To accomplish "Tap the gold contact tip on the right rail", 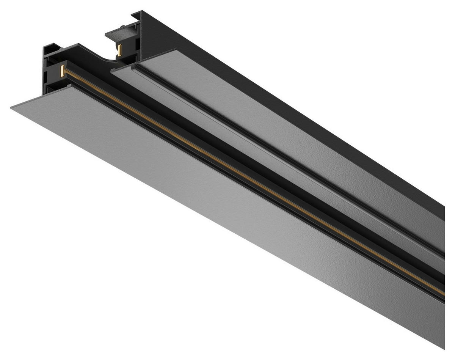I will [x=120, y=50].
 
